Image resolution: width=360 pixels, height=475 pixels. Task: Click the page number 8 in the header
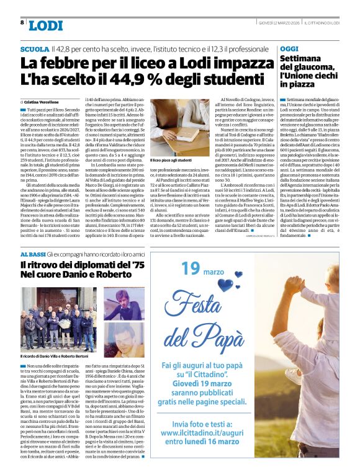[x=22, y=23]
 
